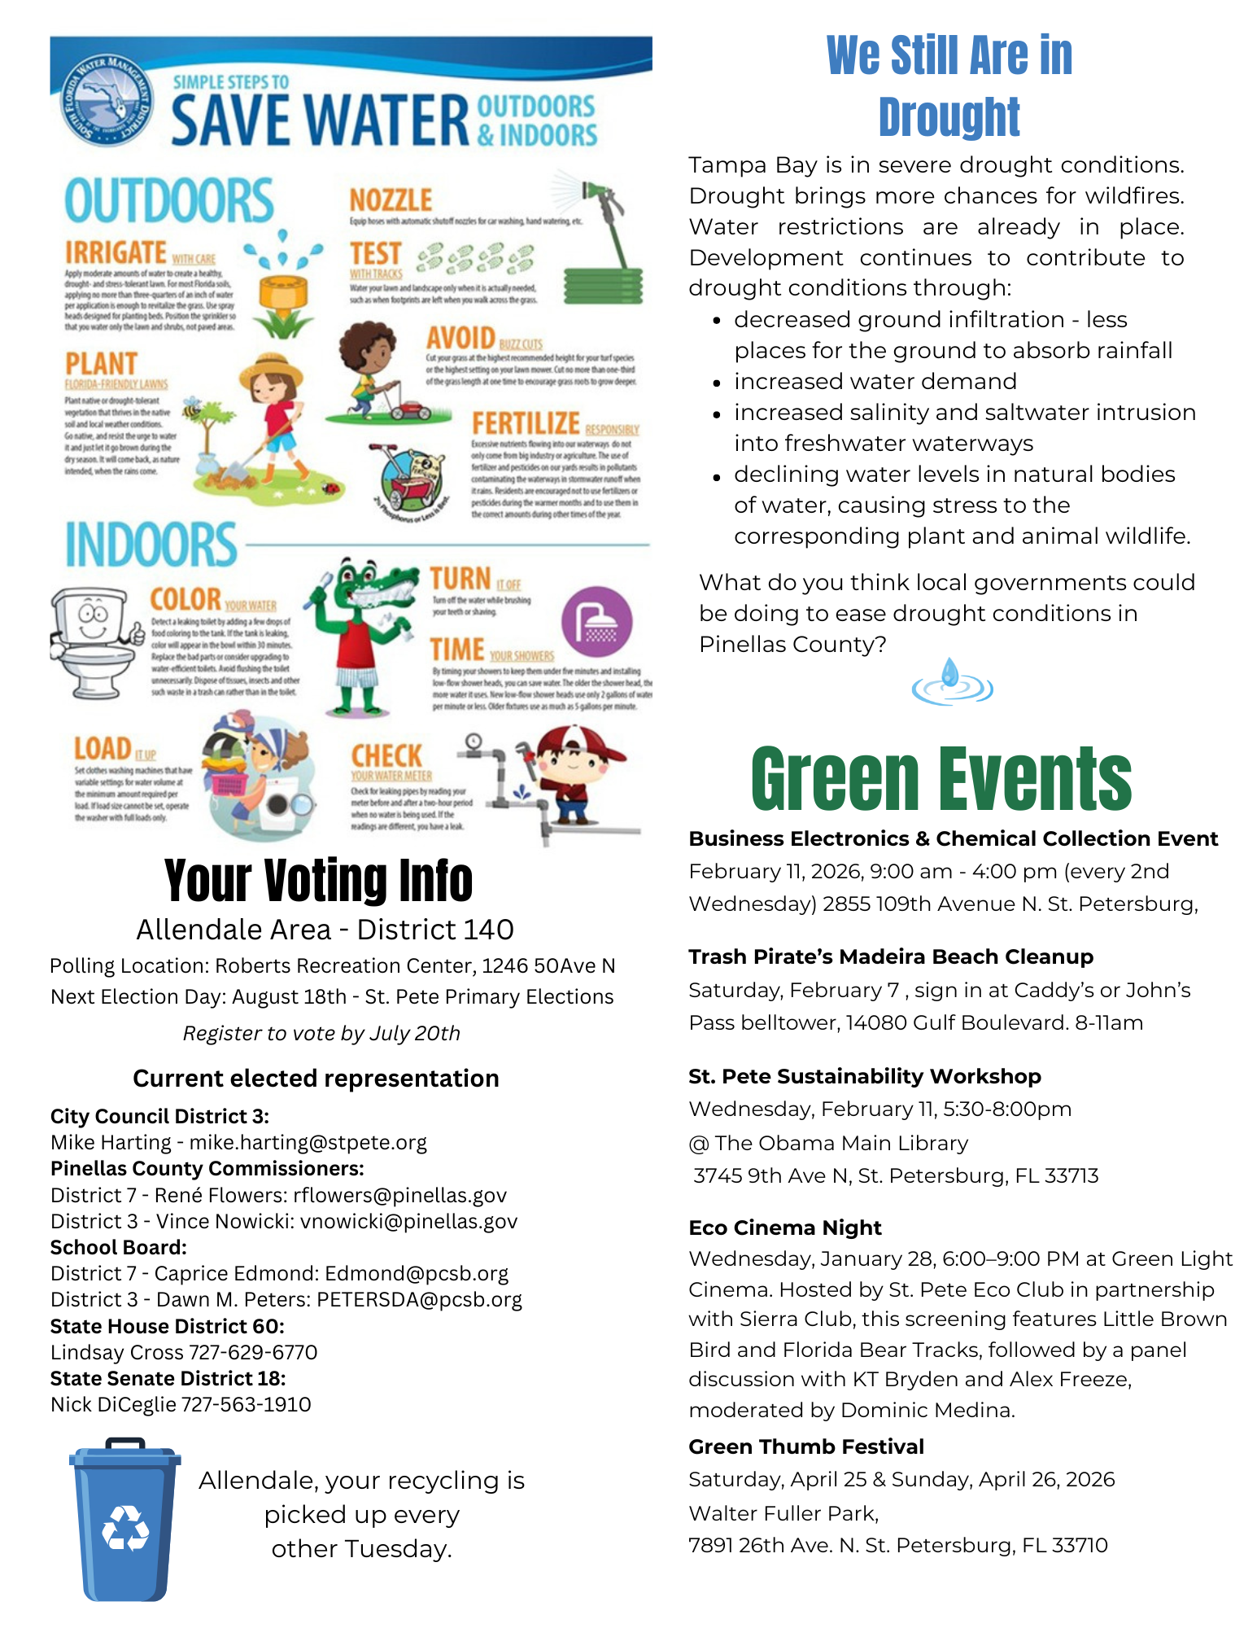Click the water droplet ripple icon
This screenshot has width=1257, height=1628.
click(x=951, y=683)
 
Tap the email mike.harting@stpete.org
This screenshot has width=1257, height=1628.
click(x=308, y=1142)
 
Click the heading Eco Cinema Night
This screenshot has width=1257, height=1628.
click(x=784, y=1228)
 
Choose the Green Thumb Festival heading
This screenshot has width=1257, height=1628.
click(x=805, y=1446)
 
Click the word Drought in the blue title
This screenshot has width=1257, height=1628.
click(x=949, y=117)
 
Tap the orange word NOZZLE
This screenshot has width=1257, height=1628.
click(x=391, y=200)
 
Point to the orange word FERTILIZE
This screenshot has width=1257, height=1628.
click(x=526, y=423)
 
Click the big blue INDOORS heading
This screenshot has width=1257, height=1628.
click(x=151, y=545)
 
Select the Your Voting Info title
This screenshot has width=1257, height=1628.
click(x=318, y=880)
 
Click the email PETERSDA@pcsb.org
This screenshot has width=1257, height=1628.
click(x=419, y=1299)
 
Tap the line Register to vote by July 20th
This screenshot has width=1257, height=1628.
click(x=321, y=1033)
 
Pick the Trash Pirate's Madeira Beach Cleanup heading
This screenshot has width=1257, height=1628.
click(x=890, y=956)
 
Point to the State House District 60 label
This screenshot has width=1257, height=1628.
click(x=167, y=1326)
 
